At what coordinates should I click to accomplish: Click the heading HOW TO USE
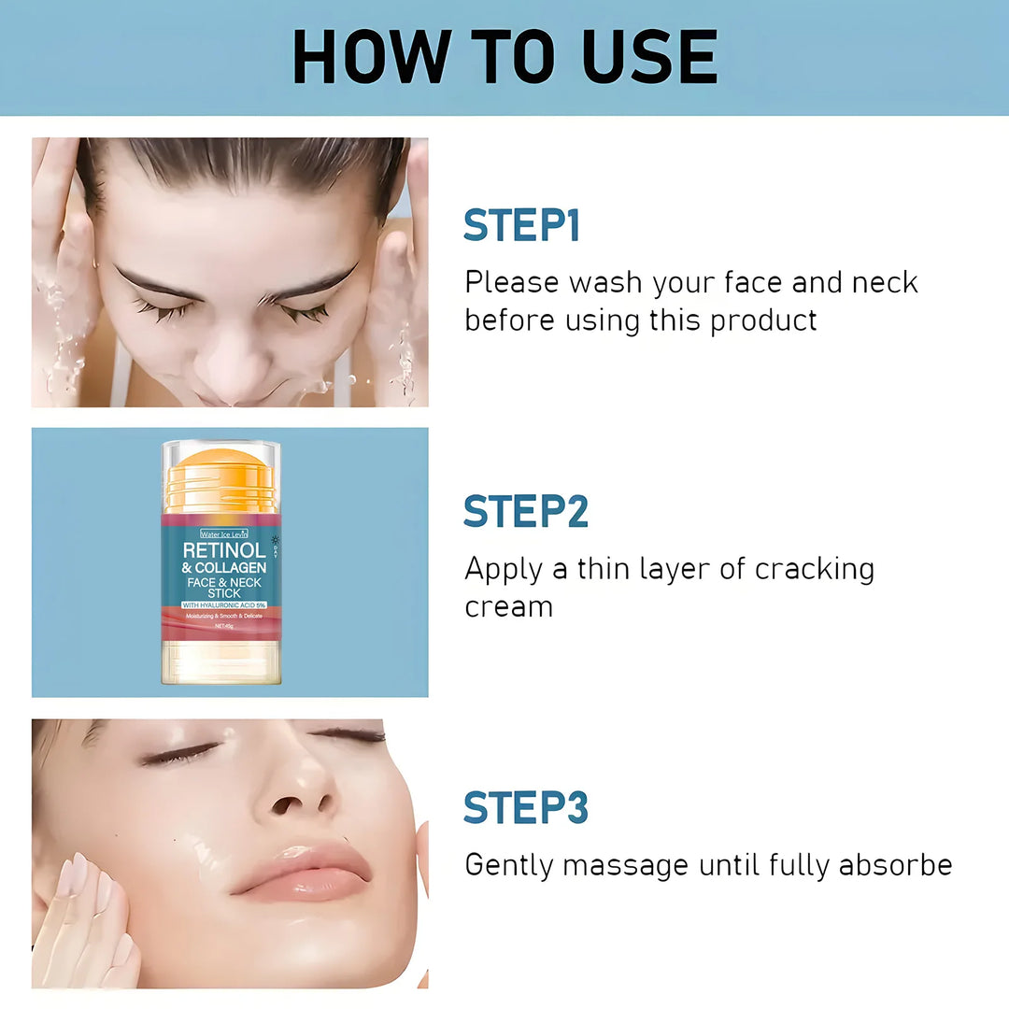504,58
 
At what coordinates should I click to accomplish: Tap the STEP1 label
521,226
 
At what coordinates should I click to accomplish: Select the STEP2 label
525,512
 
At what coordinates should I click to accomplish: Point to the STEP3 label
525,808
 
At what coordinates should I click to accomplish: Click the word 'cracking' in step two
815,568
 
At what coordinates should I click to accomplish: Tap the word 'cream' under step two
508,607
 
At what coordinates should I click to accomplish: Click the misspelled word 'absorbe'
895,865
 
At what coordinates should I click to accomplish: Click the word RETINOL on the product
224,549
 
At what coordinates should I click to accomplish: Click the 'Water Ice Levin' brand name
223,533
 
